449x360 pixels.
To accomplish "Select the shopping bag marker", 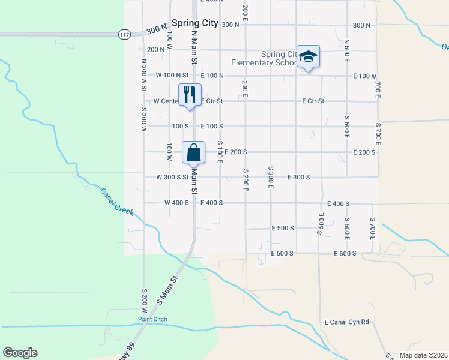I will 194,153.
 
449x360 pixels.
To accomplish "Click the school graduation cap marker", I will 308,57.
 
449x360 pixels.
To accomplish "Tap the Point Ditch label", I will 152,319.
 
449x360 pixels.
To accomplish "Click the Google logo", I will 20,353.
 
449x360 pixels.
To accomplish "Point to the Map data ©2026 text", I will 423,355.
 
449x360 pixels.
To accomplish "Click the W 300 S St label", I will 173,178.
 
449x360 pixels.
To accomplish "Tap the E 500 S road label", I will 283,229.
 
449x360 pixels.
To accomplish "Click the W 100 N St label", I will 172,76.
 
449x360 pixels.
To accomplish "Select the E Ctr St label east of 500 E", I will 313,101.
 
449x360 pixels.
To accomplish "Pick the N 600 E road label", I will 346,52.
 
